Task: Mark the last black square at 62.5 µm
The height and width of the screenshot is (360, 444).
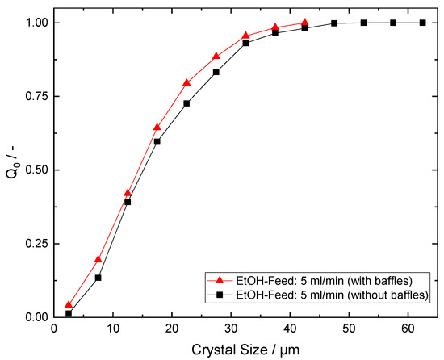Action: (x=422, y=23)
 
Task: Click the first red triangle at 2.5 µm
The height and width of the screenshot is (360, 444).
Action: (x=69, y=305)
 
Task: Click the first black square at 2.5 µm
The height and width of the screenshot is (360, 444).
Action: (x=69, y=313)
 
